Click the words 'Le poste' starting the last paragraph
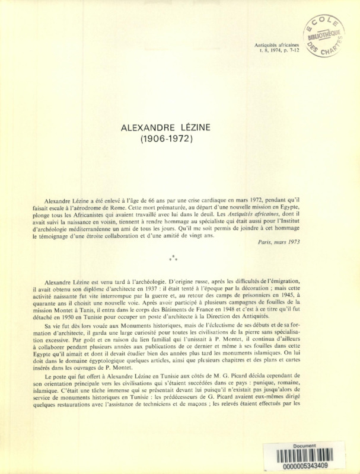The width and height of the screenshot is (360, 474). [x=56, y=377]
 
